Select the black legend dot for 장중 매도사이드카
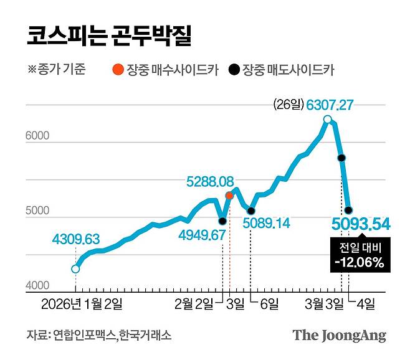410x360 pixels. (233, 70)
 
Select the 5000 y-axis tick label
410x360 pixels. (37, 211)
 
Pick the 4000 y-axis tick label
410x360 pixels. (37, 287)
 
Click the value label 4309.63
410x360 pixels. (75, 239)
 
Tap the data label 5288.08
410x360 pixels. (210, 182)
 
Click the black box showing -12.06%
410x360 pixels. (358, 255)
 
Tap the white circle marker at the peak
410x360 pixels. (328, 120)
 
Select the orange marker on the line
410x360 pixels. (229, 196)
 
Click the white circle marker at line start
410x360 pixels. (75, 269)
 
